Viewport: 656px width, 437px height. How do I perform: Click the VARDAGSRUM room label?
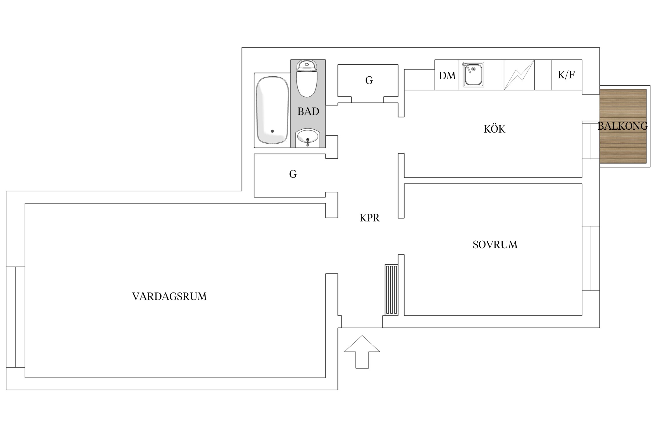coord(169,297)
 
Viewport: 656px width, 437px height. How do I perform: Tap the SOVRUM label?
coord(495,245)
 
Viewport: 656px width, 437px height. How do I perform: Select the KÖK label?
coord(494,129)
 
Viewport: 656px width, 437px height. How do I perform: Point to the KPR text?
coord(369,218)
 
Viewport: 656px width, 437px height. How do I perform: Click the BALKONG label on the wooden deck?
coord(622,126)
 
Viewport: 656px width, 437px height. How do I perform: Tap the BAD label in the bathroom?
coord(308,112)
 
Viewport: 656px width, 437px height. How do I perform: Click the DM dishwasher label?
coord(447,76)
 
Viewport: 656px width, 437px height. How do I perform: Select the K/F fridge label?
coord(566,75)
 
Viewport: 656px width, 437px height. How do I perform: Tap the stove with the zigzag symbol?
coord(519,75)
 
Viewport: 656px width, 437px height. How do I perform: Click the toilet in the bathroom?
coord(306,79)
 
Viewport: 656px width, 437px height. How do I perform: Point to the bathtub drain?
coord(272,131)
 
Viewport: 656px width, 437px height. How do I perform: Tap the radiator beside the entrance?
coord(392,290)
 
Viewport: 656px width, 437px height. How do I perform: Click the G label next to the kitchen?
coord(369,80)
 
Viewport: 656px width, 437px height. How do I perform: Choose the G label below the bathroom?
coord(293,174)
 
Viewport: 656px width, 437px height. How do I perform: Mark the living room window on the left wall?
coord(15,317)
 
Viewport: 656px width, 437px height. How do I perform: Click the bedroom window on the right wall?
coord(591,258)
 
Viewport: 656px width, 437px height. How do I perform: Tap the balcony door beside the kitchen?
coord(591,140)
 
